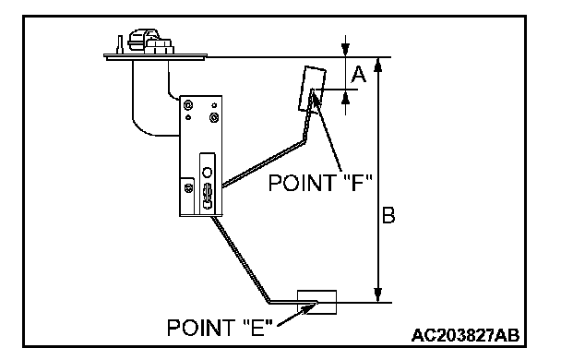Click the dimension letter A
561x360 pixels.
click(358, 75)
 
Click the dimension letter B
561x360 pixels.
click(388, 215)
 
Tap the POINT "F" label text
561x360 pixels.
click(320, 183)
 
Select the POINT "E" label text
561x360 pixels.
click(220, 327)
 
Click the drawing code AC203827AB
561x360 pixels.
click(465, 336)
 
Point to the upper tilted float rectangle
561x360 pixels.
click(313, 89)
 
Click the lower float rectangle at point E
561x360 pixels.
click(317, 303)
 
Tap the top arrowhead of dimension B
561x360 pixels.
click(377, 65)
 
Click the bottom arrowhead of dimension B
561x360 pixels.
click(377, 294)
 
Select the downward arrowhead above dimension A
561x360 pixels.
click(345, 49)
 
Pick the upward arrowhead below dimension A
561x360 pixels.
click(345, 97)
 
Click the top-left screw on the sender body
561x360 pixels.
click(188, 105)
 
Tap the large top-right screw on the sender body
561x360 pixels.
click(214, 117)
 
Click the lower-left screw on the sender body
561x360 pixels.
click(188, 187)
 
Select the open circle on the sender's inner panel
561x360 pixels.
click(208, 173)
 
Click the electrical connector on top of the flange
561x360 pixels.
click(150, 42)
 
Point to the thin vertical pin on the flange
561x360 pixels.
click(120, 44)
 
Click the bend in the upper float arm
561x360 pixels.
click(304, 140)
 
